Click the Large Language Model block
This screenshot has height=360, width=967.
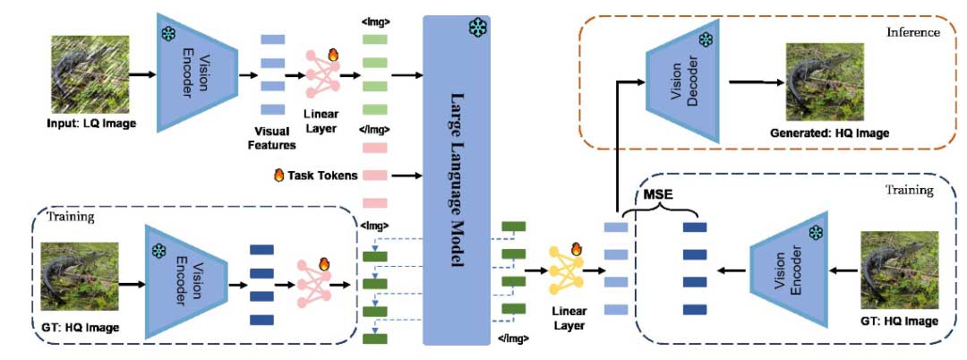point(463,179)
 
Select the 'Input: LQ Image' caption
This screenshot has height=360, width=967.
point(92,122)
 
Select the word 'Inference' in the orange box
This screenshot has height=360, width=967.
point(912,32)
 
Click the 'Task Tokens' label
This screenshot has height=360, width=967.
point(320,176)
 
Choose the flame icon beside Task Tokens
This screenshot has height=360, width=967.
point(278,176)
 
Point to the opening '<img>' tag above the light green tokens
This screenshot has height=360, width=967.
point(375,20)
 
